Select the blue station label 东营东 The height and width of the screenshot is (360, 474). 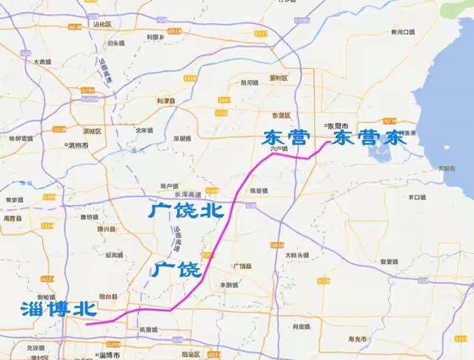pos(366,139)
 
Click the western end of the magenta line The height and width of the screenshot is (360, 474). pos(87,324)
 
